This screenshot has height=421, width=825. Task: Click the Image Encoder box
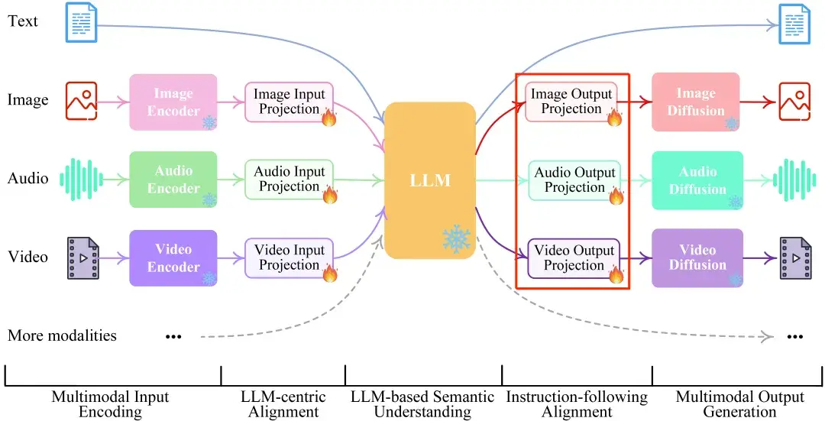click(x=173, y=102)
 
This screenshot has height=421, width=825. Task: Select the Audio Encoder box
click(x=173, y=180)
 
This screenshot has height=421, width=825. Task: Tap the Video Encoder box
click(x=173, y=258)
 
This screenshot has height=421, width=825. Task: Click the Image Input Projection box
click(x=289, y=102)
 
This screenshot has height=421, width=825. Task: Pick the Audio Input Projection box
click(x=289, y=180)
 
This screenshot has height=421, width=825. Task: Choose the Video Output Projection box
click(x=574, y=258)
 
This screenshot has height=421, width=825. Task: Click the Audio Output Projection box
click(x=574, y=180)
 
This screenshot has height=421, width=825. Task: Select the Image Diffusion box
click(x=696, y=102)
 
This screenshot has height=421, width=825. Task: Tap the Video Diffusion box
click(x=696, y=257)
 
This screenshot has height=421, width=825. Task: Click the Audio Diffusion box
click(x=696, y=180)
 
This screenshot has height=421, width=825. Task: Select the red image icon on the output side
click(x=794, y=102)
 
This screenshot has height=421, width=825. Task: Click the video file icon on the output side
click(x=794, y=258)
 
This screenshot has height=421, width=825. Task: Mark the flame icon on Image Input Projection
click(x=329, y=117)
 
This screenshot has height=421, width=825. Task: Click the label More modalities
click(x=63, y=335)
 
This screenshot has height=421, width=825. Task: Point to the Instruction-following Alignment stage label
click(x=577, y=404)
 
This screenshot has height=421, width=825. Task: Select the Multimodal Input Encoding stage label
click(x=111, y=404)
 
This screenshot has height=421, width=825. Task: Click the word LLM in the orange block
click(x=429, y=180)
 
